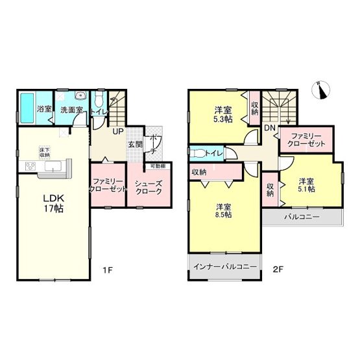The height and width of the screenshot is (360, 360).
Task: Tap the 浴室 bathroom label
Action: [44, 110]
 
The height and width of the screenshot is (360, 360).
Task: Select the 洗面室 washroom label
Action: [71, 110]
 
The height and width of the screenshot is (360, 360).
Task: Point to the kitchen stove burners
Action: [30, 167]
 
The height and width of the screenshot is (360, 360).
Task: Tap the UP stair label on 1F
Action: [119, 132]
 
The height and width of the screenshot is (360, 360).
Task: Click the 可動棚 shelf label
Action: [157, 166]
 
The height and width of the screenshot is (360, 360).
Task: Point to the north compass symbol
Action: [320, 90]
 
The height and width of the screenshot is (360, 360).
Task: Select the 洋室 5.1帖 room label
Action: [307, 185]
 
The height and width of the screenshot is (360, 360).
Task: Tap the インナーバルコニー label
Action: [224, 267]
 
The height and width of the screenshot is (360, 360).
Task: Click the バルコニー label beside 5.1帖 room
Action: [301, 217]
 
